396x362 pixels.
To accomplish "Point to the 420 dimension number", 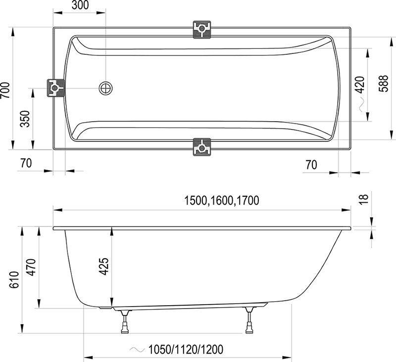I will pos(360,85).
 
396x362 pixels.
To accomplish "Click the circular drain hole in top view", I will pos(105,89).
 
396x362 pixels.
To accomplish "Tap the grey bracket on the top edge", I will pos(202,29).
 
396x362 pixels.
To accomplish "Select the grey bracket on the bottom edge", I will pos(202,146).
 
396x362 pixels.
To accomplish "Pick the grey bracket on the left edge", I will pos(55,89).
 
